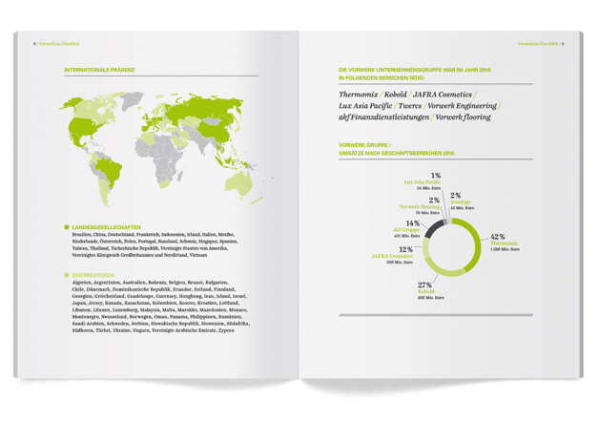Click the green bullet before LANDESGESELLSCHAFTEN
[67, 227]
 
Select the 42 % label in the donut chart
[496, 235]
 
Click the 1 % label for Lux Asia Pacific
[435, 176]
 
